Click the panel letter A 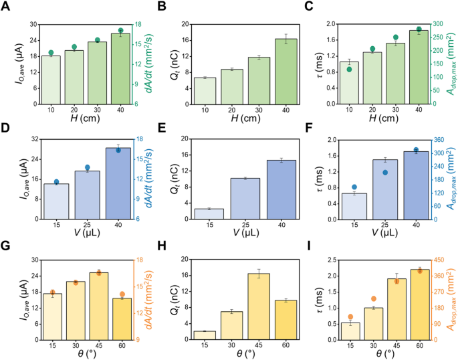6,7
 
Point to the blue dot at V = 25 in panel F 384,173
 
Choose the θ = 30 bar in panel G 75,310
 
